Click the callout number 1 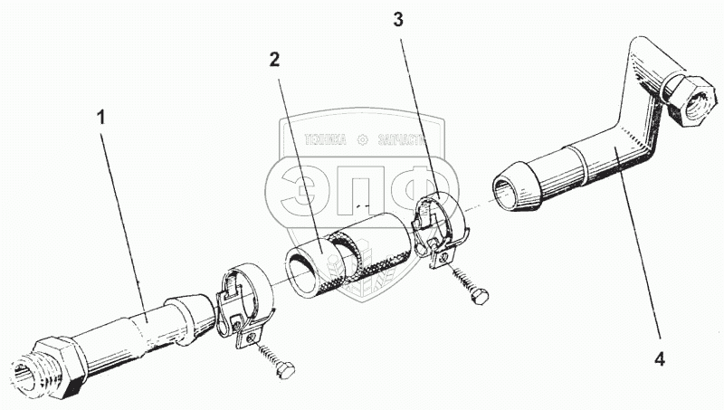click(x=101, y=119)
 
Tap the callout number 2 click(x=273, y=61)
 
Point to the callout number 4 click(x=660, y=359)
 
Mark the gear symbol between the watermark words click(x=363, y=139)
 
